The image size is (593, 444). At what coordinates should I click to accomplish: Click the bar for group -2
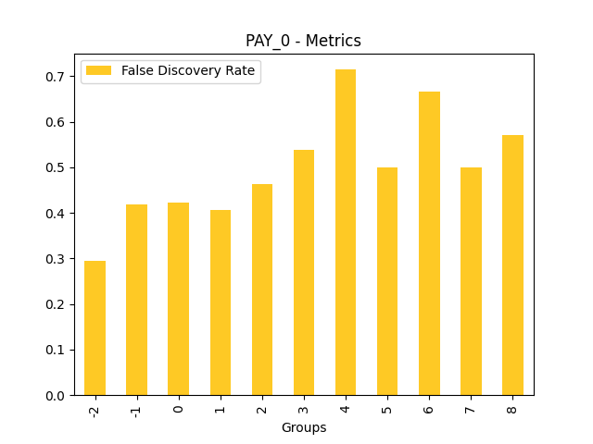click(x=95, y=328)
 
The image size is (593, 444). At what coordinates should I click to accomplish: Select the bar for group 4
click(x=346, y=232)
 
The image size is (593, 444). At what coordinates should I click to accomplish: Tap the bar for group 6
click(x=429, y=243)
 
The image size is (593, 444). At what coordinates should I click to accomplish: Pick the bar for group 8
click(x=512, y=265)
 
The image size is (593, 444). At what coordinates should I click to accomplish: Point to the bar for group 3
click(x=304, y=273)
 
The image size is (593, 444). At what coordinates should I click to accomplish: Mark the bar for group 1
click(x=220, y=302)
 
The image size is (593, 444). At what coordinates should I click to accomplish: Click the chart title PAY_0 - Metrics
click(x=303, y=41)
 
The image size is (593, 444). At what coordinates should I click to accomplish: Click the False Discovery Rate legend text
click(x=188, y=71)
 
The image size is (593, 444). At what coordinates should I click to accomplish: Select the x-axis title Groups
click(x=304, y=427)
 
